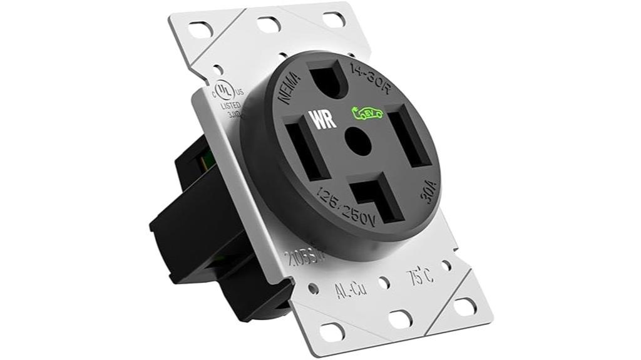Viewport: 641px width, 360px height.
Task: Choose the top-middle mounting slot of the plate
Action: (269, 24)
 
